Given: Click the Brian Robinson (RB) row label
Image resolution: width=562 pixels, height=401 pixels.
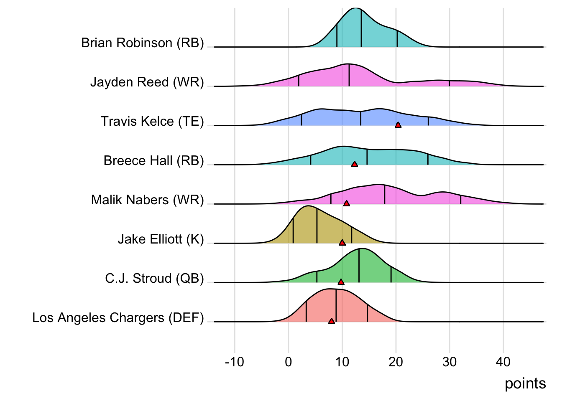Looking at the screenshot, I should [142, 43].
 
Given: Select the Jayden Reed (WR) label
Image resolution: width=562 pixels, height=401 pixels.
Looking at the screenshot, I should [147, 82].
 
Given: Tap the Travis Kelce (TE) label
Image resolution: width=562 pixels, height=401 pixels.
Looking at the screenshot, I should [152, 122].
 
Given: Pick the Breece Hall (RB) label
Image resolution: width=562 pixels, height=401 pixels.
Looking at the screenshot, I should [153, 161].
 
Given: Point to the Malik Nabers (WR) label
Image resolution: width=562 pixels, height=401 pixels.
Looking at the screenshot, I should [147, 200].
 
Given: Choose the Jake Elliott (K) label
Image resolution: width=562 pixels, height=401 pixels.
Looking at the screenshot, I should [161, 239].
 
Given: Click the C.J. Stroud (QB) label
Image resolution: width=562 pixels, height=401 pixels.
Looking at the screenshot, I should [154, 279].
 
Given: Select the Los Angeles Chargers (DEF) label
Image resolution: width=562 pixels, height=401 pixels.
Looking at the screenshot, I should [118, 318].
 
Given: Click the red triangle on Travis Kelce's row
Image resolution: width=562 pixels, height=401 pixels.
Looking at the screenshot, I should [398, 125].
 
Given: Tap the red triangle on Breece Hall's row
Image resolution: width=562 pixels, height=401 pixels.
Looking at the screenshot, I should [355, 164].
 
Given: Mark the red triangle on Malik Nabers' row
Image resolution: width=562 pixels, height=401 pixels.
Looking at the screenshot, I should [346, 203].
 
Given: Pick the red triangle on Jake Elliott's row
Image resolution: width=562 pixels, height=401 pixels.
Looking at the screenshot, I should [342, 243].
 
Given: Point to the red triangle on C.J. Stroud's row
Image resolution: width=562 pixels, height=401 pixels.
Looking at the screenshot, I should [341, 282].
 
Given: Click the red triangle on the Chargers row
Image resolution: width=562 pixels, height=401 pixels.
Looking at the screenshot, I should [331, 321].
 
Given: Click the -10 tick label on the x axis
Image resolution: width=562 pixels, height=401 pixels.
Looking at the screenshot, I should [234, 362].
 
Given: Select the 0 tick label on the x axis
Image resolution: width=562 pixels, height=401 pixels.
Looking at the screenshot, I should [289, 362].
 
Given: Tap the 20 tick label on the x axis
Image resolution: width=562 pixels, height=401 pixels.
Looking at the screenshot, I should [396, 362].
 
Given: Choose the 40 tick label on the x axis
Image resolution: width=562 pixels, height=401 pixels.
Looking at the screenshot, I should [503, 362].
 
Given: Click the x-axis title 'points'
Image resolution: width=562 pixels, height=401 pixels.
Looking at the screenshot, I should [525, 383].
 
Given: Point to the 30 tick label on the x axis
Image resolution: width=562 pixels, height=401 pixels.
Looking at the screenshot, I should [450, 362].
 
